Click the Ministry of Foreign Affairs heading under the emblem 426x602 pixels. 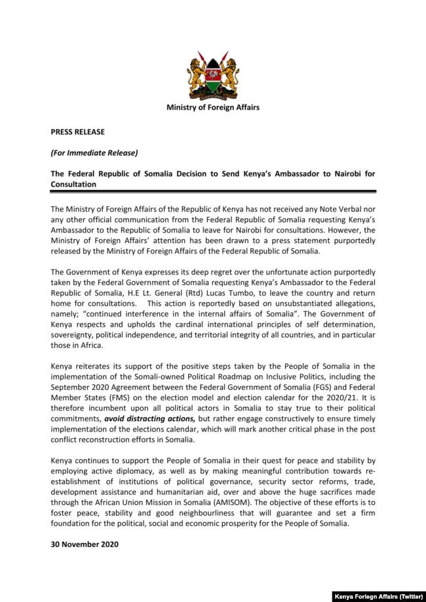tap(213, 107)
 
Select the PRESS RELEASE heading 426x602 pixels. tap(77, 132)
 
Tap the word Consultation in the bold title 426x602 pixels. tap(73, 185)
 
